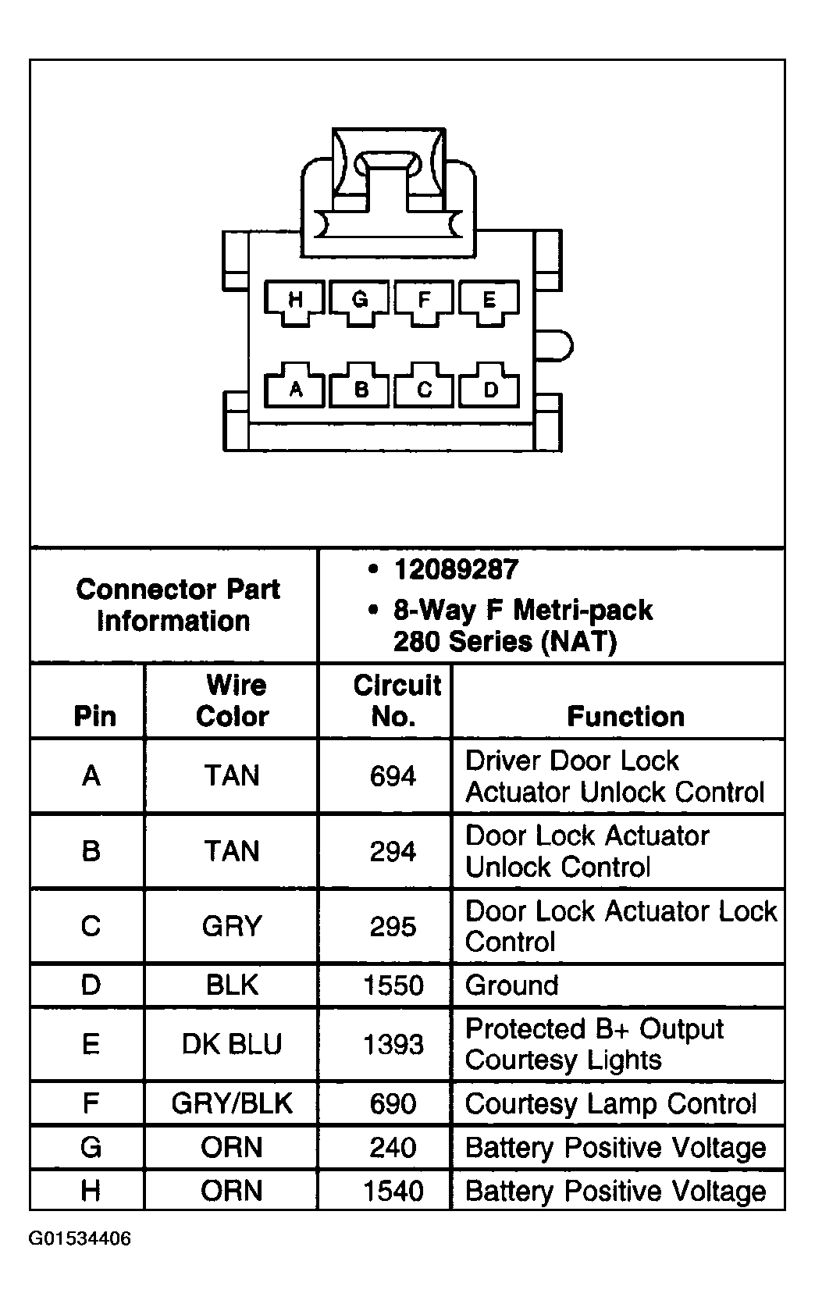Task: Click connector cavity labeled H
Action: [295, 301]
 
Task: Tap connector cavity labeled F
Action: [424, 301]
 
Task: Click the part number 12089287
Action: [456, 570]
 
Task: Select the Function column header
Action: [625, 716]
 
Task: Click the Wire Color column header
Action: [233, 700]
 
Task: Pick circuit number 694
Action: [393, 776]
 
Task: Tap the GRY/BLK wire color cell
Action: [232, 1103]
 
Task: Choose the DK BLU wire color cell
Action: [232, 1044]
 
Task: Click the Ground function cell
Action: [512, 985]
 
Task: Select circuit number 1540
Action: [393, 1191]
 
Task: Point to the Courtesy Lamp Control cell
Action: [610, 1103]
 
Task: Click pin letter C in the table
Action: [91, 926]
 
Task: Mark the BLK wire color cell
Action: [232, 985]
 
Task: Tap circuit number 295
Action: [393, 926]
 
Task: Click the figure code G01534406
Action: [80, 1238]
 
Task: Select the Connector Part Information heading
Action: [177, 605]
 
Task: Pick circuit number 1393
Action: [393, 1044]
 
